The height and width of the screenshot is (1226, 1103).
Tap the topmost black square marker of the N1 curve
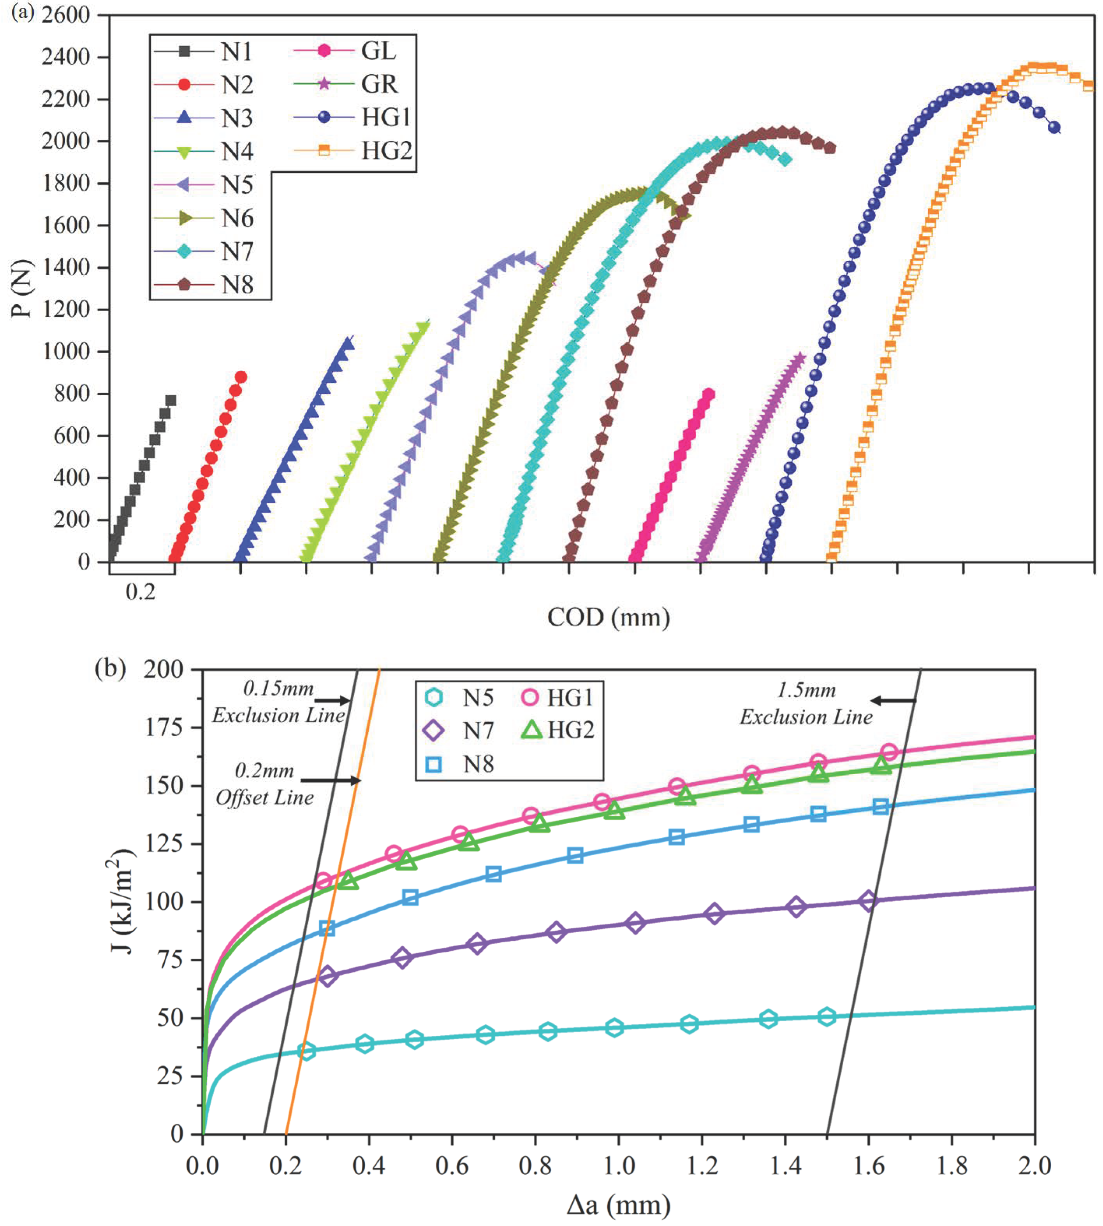(x=171, y=400)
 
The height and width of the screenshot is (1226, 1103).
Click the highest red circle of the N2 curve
(x=241, y=377)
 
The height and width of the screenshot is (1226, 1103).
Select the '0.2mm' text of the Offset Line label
(x=264, y=771)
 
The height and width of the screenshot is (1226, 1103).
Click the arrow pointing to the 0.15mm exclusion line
(x=332, y=701)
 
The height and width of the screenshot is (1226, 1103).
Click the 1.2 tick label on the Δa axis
(x=702, y=1165)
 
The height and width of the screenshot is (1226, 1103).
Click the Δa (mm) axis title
(x=618, y=1205)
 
